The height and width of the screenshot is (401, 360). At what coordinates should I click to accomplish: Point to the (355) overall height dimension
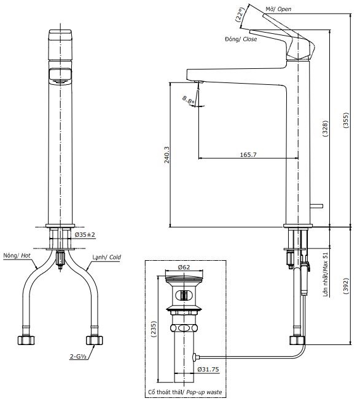345,118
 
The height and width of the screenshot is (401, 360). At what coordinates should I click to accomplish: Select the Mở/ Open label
278,9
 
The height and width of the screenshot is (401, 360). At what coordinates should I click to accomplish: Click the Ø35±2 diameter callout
85,235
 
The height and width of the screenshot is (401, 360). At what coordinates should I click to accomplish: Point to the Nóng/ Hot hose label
17,255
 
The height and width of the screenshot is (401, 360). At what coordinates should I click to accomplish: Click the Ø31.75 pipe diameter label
209,369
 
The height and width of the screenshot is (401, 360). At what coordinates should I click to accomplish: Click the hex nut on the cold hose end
93,340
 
